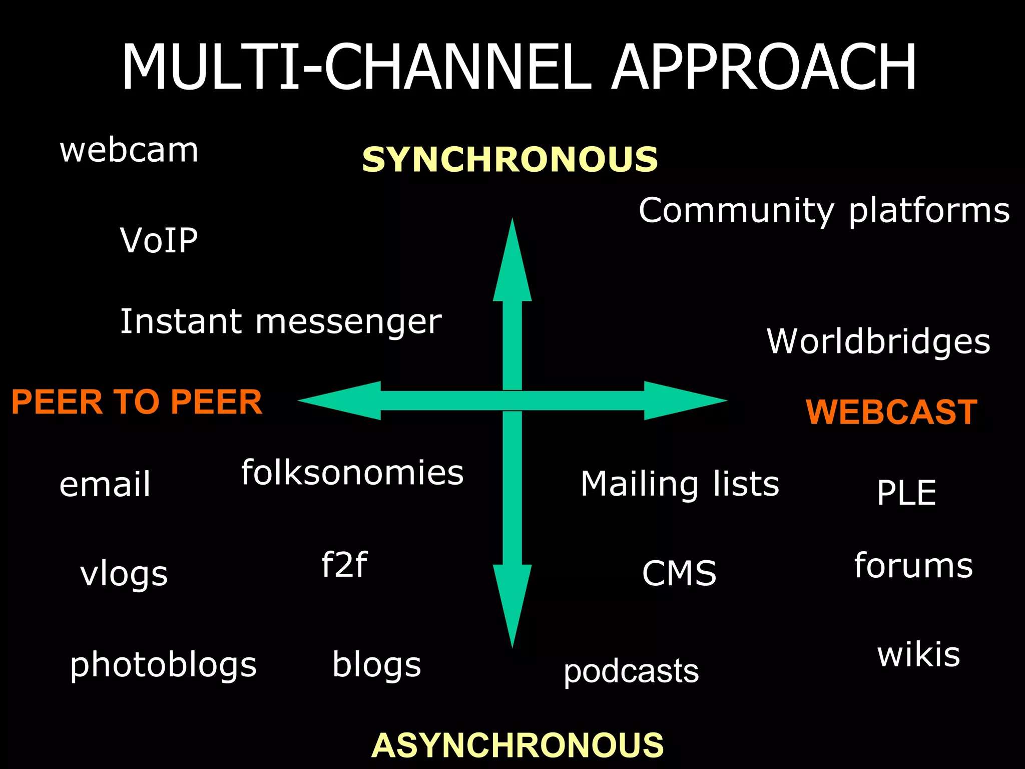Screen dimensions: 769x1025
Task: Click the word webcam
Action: click(x=129, y=150)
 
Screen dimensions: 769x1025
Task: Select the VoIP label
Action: click(x=159, y=241)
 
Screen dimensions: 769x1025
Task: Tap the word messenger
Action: click(x=349, y=322)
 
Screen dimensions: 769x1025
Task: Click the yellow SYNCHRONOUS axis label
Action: click(x=509, y=160)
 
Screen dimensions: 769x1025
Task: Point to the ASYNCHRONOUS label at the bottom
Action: click(x=517, y=745)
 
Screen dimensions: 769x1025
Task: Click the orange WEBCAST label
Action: click(x=891, y=412)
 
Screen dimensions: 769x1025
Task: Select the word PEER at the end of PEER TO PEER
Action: click(x=216, y=402)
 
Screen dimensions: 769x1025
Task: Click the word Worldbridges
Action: click(x=878, y=342)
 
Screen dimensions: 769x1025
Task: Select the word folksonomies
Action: click(x=352, y=473)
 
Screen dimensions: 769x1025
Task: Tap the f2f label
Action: click(x=344, y=564)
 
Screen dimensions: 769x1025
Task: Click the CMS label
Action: click(x=679, y=574)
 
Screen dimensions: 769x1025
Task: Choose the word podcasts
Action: click(x=631, y=672)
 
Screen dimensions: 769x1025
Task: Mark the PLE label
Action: click(x=906, y=493)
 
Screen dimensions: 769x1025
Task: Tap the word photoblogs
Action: click(x=163, y=666)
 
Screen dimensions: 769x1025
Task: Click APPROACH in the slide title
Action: click(x=764, y=68)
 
